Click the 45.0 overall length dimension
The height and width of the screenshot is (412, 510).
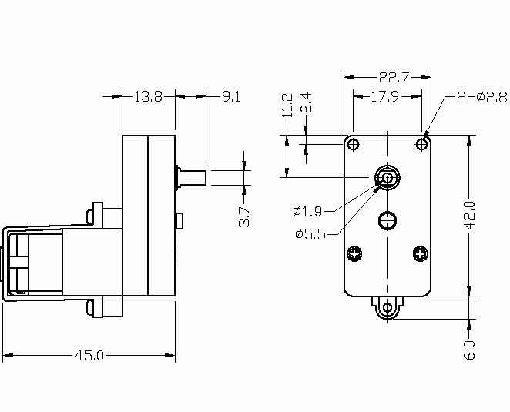(89, 356)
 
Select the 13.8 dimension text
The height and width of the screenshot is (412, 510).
(149, 96)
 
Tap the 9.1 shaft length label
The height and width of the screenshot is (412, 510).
(231, 96)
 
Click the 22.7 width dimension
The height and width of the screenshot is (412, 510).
(394, 78)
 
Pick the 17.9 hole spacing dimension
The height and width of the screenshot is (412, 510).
(384, 96)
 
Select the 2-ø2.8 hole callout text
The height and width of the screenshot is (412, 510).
(482, 97)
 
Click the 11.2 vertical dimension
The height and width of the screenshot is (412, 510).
(287, 106)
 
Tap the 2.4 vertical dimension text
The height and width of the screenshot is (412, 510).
(306, 102)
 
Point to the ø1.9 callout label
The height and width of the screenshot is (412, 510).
(307, 211)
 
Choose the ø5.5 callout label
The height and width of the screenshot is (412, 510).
(310, 234)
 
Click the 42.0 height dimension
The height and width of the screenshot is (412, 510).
(470, 216)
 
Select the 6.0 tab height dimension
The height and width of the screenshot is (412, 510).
(469, 350)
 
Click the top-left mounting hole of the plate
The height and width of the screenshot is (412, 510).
(354, 144)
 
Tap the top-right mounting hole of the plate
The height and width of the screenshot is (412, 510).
(422, 144)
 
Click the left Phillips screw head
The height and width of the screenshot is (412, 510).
(354, 253)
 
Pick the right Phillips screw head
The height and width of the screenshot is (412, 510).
(420, 253)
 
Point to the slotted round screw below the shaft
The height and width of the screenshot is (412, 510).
(388, 220)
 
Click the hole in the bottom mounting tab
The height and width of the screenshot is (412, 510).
(388, 307)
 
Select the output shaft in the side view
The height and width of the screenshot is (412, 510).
(192, 178)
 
